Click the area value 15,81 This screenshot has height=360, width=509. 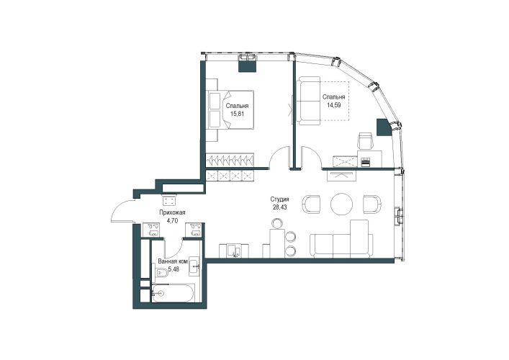point(237,114)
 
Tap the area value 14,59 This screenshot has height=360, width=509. point(334,105)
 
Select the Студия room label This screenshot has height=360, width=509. point(279,199)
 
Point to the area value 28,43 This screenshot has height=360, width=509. point(279,207)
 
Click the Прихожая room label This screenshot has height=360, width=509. point(172,212)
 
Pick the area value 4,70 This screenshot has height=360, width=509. point(172,221)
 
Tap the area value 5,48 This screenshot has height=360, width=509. point(174,269)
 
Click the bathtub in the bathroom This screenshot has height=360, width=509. point(174,293)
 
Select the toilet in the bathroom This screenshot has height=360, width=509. point(161,274)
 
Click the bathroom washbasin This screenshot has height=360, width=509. point(195,266)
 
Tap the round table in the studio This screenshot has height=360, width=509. point(341,204)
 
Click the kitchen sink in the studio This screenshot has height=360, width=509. point(235,251)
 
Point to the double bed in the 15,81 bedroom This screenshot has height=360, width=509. point(231,109)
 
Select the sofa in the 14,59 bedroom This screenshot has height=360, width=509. point(309,101)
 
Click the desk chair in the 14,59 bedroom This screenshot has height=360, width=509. point(365,141)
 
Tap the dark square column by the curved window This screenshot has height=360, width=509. point(384,127)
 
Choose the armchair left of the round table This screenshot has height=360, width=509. point(311,204)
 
